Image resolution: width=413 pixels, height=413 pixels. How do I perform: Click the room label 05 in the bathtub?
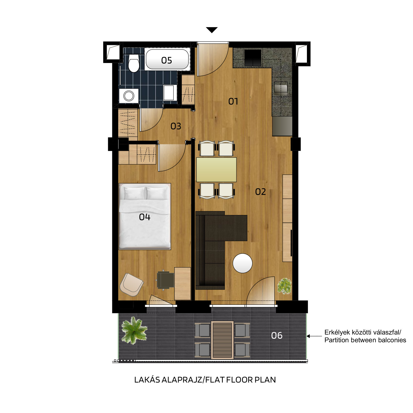[x=166, y=60]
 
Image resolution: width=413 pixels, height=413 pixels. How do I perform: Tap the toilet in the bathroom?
[x=134, y=63]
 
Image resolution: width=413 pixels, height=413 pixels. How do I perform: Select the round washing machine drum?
[x=129, y=96]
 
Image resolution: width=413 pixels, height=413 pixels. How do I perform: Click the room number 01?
[x=233, y=101]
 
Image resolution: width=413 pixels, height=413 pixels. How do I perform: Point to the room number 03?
[x=176, y=126]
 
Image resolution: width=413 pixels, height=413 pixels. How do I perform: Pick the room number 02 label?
[x=260, y=192]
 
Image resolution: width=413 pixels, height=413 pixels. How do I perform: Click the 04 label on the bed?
[x=145, y=217]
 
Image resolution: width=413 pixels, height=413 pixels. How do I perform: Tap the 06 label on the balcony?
[x=277, y=335]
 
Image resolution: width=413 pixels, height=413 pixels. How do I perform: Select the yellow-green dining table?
[x=216, y=170]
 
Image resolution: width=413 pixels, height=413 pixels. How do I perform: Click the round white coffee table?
[x=243, y=263]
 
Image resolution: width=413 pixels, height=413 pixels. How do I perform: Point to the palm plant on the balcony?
[x=134, y=330]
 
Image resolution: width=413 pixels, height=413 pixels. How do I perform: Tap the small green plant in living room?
[x=284, y=286]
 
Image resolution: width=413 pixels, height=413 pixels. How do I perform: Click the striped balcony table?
[x=222, y=340]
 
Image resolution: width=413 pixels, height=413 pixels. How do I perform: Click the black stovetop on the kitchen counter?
[x=253, y=58]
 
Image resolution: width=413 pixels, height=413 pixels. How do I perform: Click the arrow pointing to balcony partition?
[x=314, y=336]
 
